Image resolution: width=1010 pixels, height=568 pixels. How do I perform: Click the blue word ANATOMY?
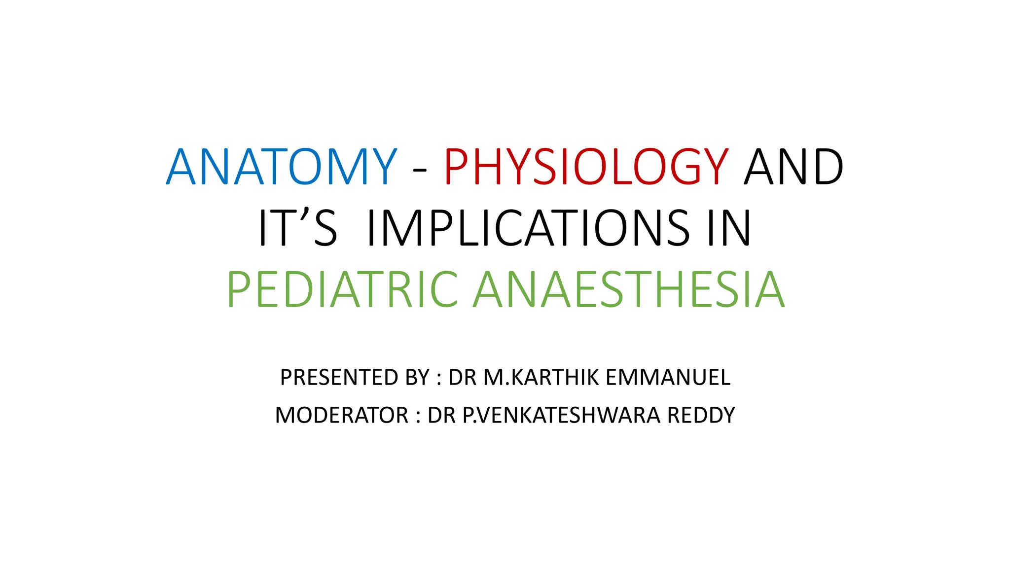point(282,167)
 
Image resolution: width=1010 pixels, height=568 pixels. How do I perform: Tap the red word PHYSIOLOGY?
point(586,167)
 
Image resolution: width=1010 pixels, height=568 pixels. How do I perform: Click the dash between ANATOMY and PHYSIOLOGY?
point(420,170)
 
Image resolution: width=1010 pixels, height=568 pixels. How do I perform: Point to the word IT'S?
point(298,228)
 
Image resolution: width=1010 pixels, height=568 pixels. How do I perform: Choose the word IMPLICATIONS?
point(528,228)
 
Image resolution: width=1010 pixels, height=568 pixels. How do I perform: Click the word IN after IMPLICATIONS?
point(729,228)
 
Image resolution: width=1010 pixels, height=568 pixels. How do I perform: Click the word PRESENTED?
point(339,378)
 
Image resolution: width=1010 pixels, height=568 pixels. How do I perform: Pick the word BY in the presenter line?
point(417,378)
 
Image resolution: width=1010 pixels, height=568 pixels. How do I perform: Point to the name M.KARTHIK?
point(541,378)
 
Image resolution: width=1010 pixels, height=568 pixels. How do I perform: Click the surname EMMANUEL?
point(668,378)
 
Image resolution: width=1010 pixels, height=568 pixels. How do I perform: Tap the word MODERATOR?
point(342,415)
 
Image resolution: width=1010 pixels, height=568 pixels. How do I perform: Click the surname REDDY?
point(701,415)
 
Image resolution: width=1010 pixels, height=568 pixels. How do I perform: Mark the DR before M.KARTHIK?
point(462,378)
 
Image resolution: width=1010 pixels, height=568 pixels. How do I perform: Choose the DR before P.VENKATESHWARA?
point(441,415)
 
